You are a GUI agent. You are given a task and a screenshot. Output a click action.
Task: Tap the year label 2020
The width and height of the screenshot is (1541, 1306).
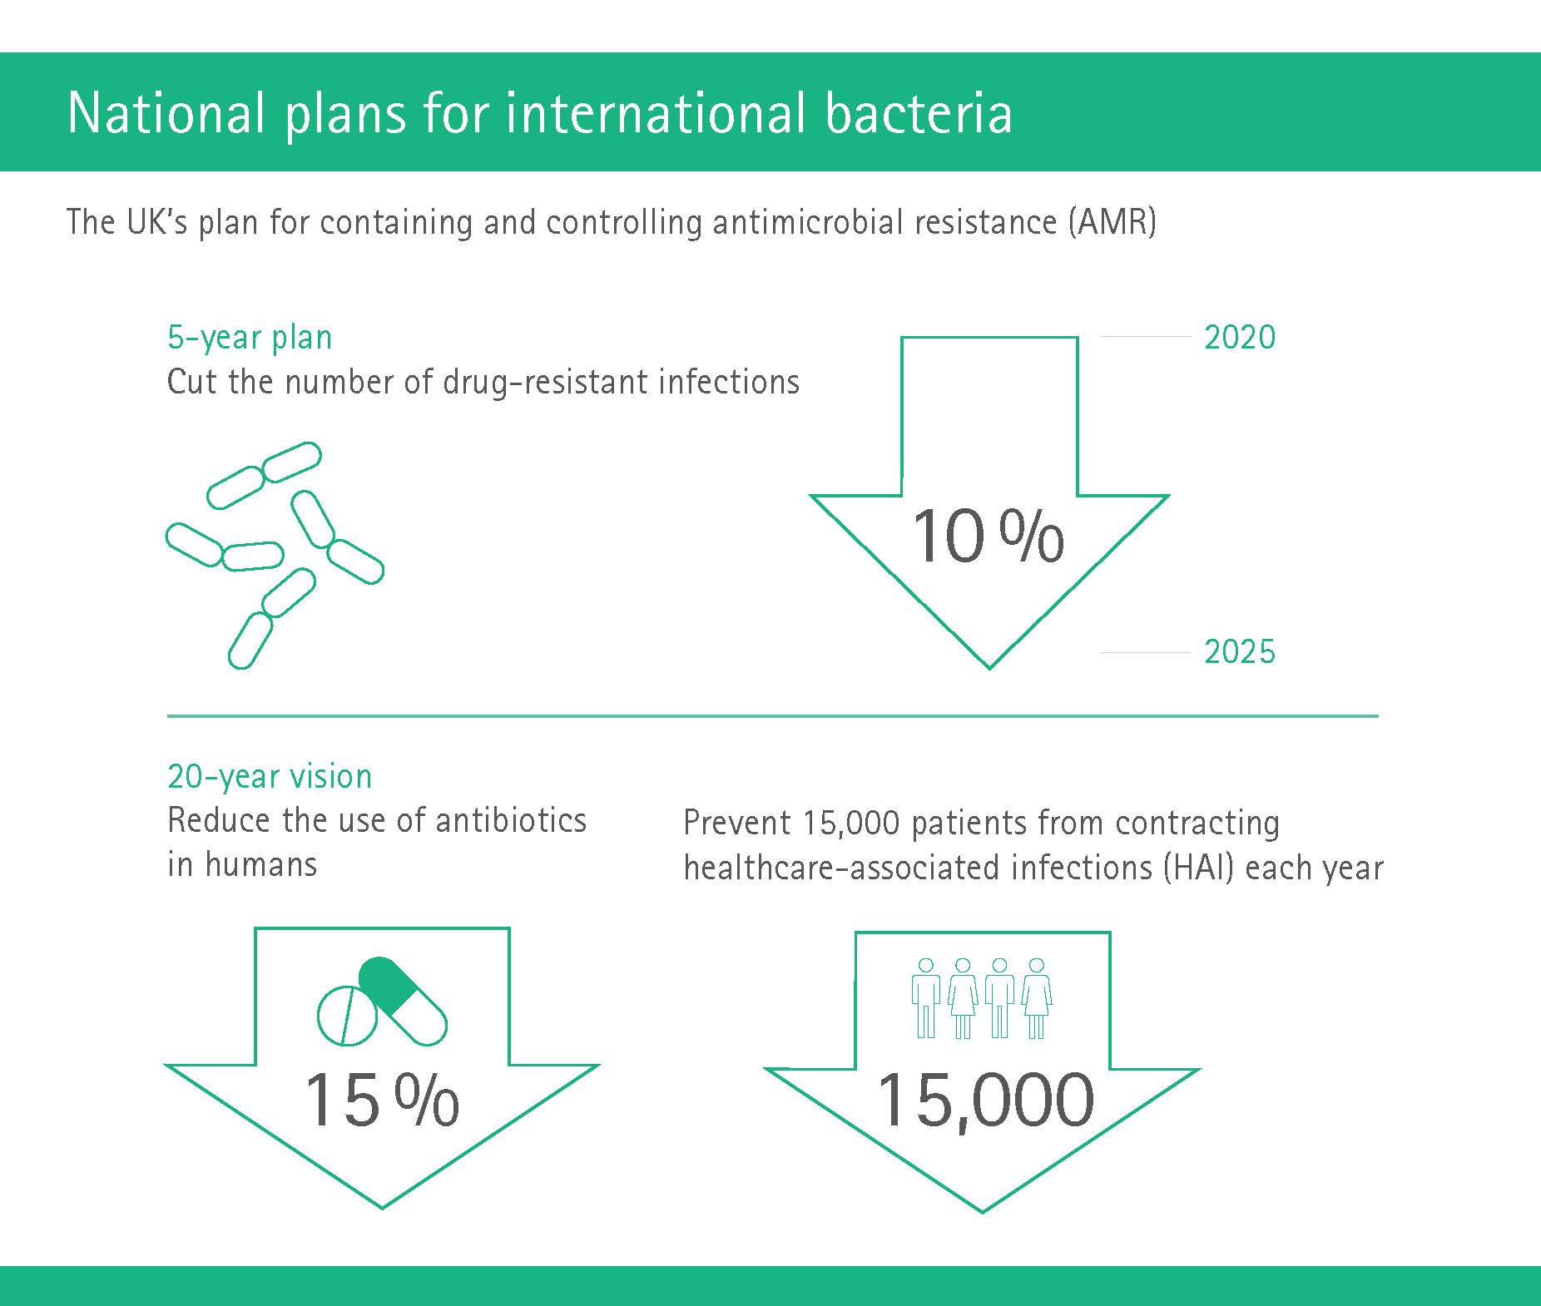coord(1240,337)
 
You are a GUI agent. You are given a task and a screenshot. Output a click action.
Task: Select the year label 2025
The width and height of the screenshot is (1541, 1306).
coord(1240,651)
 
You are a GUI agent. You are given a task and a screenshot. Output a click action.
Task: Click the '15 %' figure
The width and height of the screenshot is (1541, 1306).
coord(382,1100)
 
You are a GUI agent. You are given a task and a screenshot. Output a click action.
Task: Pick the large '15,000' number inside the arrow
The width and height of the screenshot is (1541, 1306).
coord(985,1101)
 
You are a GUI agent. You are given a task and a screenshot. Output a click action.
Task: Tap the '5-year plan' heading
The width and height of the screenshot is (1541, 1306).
coord(250,338)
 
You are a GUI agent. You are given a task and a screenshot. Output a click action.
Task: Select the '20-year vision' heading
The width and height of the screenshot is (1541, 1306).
coord(270,776)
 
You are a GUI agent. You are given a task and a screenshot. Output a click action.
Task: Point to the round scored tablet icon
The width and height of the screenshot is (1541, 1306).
coord(347,1016)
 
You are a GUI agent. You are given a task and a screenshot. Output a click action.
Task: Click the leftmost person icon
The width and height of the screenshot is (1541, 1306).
coord(925,997)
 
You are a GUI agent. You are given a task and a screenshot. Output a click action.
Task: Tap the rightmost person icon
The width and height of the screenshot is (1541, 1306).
coord(1037,997)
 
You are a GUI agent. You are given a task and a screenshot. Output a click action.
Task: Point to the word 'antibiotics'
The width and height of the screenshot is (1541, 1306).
coord(511,820)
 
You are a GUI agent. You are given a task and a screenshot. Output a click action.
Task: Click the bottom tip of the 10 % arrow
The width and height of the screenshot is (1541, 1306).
coord(989,667)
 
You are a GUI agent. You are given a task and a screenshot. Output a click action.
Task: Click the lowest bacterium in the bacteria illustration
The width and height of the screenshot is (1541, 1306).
coord(250,641)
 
